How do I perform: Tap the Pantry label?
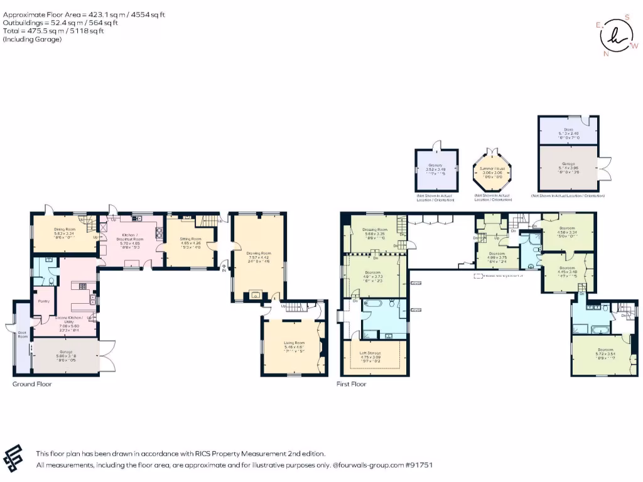coord(43,301)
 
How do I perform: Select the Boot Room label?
coord(21,335)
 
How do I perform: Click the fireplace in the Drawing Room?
coord(257,294)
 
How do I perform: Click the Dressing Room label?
coord(375,230)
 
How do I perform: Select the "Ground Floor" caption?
coord(32,383)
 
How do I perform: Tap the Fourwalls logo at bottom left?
coord(15,458)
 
